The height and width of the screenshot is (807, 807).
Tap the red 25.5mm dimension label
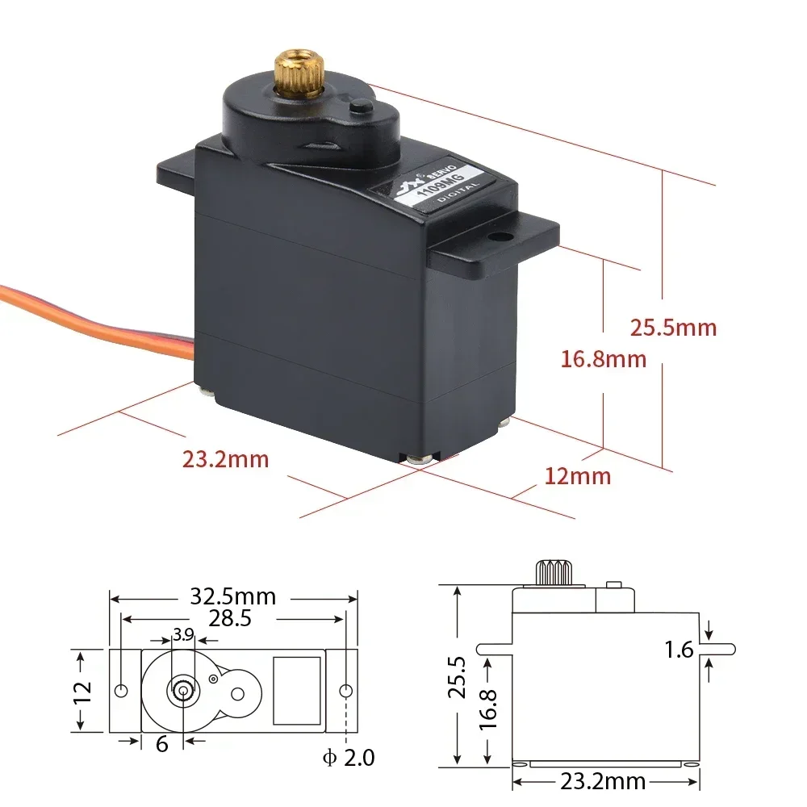[673, 328]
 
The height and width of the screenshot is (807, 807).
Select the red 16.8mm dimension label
[604, 358]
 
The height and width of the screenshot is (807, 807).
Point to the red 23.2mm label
[225, 459]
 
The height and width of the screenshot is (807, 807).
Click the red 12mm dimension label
[578, 476]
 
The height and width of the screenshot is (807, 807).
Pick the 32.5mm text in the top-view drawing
[233, 597]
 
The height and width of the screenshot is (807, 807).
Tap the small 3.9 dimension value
[183, 634]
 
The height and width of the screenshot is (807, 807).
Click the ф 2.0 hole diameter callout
[348, 758]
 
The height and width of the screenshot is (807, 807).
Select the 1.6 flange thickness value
[680, 649]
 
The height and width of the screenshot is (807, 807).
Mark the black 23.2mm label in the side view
[603, 780]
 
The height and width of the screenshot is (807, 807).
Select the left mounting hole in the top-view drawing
[121, 691]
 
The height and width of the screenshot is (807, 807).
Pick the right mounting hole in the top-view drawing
[345, 691]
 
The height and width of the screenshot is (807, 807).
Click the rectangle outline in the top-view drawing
[297, 690]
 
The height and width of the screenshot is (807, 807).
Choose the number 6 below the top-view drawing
[161, 743]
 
